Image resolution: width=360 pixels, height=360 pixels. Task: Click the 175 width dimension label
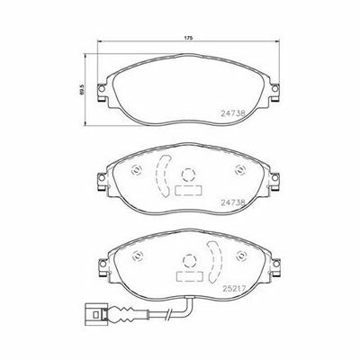click(188, 38)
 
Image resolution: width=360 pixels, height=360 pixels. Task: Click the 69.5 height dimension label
click(82, 89)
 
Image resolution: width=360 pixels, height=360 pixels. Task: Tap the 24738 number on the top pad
click(233, 113)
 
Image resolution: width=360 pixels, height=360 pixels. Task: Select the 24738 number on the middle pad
click(233, 202)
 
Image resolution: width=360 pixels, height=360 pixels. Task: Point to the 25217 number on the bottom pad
click(234, 288)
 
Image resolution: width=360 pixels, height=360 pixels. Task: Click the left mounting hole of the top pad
click(102, 89)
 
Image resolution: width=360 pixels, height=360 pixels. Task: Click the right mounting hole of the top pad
click(274, 89)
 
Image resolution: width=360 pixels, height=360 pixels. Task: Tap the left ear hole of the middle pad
click(102, 177)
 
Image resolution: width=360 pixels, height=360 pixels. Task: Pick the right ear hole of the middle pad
click(274, 177)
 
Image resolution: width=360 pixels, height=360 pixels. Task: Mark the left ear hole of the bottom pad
click(103, 264)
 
